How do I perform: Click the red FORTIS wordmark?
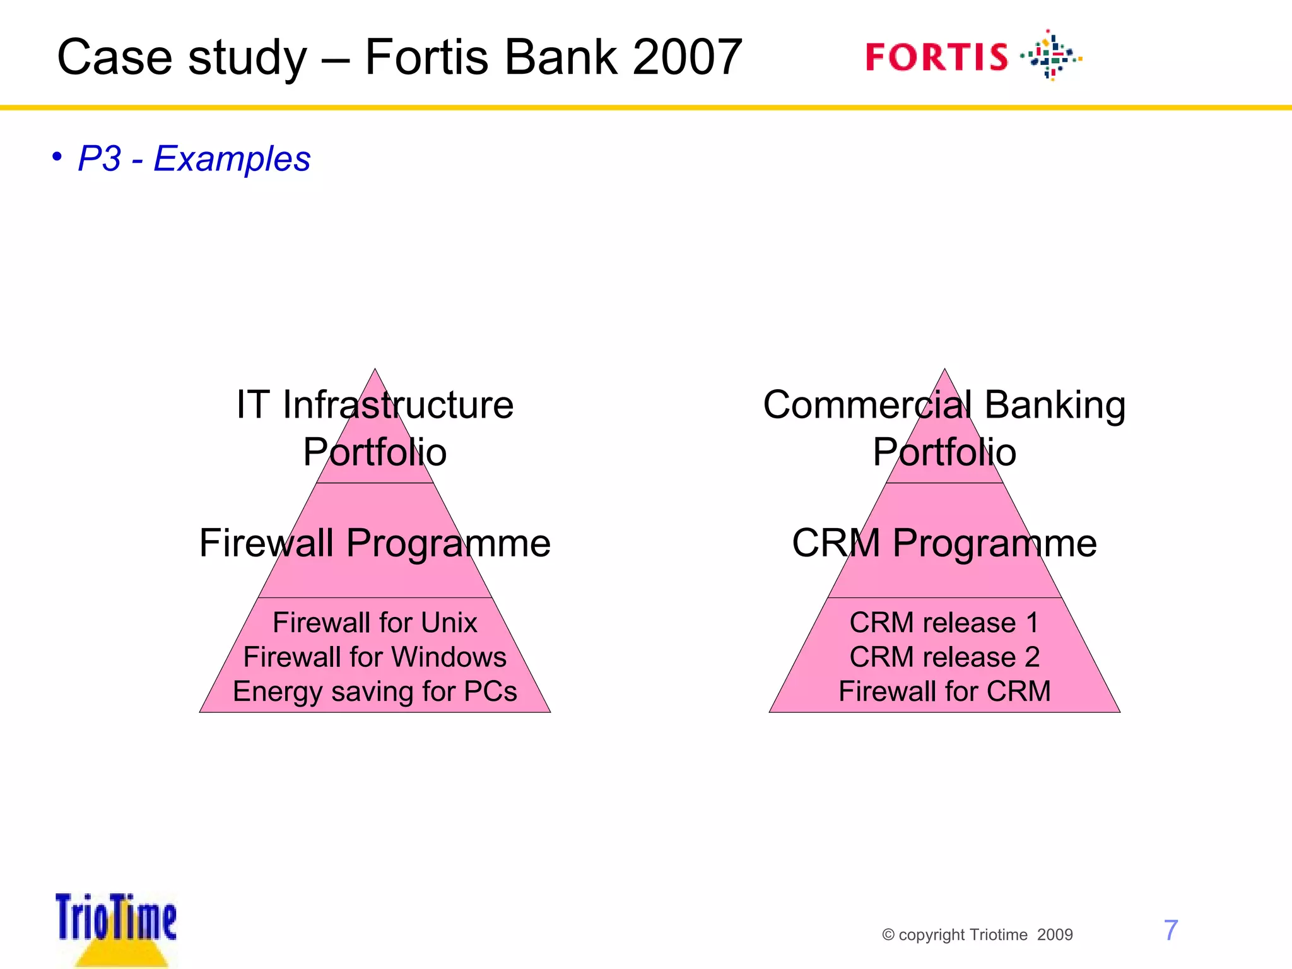936,57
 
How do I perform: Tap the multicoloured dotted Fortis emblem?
1051,56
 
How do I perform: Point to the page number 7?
1170,931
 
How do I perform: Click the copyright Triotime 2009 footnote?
977,935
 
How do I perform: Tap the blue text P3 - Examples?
194,158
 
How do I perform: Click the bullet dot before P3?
57,156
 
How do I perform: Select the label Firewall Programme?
375,543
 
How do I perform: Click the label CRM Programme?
944,543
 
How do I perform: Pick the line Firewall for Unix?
375,623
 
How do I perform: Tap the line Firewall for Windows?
375,657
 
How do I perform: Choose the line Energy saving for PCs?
375,691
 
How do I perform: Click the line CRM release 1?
944,623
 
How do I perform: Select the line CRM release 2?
944,657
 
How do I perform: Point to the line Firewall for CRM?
944,691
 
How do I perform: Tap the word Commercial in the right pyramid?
867,405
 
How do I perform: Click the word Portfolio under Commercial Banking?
944,452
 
